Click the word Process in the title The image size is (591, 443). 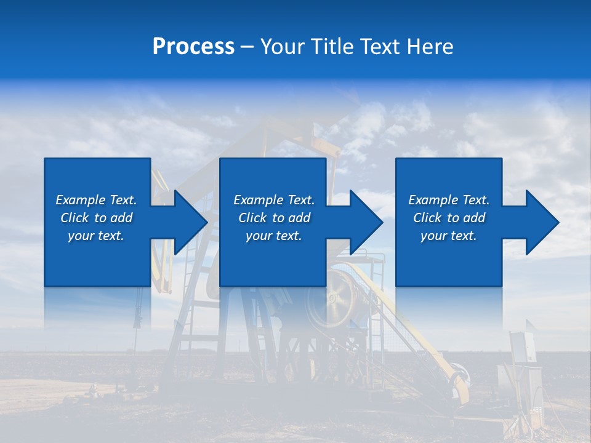click(193, 47)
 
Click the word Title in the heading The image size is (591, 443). click(330, 47)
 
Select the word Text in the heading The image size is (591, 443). click(379, 47)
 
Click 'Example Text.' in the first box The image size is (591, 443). click(96, 200)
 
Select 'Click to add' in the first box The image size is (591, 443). click(96, 218)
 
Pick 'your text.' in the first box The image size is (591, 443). click(96, 236)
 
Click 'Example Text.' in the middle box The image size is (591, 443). click(274, 200)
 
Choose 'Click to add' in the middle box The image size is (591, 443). click(274, 218)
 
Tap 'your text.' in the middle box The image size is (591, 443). click(274, 236)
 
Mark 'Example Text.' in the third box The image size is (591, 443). click(449, 200)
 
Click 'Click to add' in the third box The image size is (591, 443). click(449, 218)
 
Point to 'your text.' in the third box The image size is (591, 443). click(449, 236)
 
